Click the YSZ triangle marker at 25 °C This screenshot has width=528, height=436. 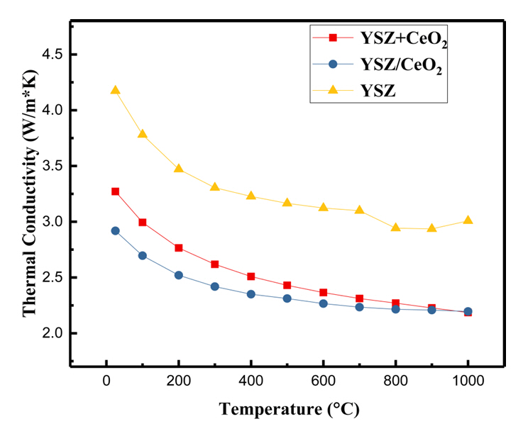115,90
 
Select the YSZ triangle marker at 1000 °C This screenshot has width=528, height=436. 468,220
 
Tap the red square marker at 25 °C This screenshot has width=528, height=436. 115,191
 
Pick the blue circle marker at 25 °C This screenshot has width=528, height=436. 115,230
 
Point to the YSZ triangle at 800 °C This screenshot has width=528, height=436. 395,228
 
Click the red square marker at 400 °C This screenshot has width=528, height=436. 251,276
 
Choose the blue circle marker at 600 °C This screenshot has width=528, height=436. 323,303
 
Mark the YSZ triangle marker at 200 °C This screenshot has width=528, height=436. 178,169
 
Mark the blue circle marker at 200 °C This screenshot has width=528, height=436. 178,275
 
